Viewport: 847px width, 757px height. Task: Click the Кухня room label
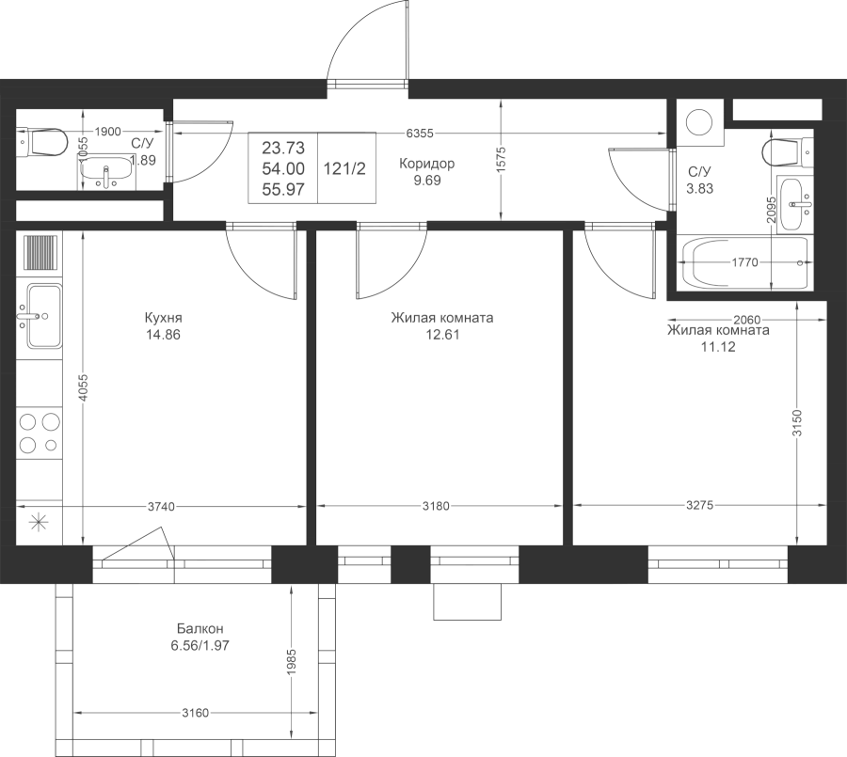pyautogui.click(x=163, y=318)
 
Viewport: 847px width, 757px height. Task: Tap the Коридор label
pyautogui.click(x=426, y=163)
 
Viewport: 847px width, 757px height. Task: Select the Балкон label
pyautogui.click(x=200, y=628)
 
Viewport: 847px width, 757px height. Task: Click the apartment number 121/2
pyautogui.click(x=344, y=169)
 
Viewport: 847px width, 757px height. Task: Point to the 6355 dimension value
pyautogui.click(x=420, y=133)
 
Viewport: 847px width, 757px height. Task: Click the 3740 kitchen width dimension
pyautogui.click(x=161, y=507)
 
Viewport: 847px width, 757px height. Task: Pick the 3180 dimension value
pyautogui.click(x=436, y=506)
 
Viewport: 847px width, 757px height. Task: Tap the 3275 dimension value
pyautogui.click(x=700, y=505)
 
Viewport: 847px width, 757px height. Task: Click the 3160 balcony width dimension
pyautogui.click(x=195, y=713)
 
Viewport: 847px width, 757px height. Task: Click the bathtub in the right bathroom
pyautogui.click(x=745, y=263)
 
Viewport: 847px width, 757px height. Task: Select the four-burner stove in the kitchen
pyautogui.click(x=39, y=433)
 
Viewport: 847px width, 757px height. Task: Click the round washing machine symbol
pyautogui.click(x=700, y=122)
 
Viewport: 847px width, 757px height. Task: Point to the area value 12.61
pyautogui.click(x=442, y=335)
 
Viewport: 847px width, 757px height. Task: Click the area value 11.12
pyautogui.click(x=718, y=347)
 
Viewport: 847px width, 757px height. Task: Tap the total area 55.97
pyautogui.click(x=283, y=190)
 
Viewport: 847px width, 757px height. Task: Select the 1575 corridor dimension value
pyautogui.click(x=501, y=161)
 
